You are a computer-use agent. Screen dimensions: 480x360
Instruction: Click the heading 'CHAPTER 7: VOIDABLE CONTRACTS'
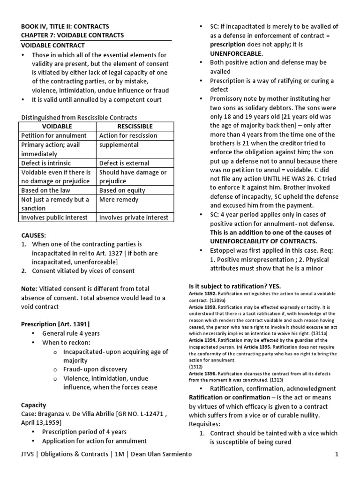[73, 35]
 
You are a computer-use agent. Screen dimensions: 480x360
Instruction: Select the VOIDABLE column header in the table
[57, 127]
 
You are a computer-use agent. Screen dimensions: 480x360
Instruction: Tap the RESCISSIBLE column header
[135, 127]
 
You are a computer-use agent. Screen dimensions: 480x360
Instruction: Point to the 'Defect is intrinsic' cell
[46, 163]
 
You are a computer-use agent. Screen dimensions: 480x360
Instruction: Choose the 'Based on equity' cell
[122, 190]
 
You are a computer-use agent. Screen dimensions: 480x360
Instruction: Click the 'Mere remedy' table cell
[119, 199]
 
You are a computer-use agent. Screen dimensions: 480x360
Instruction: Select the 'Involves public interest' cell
[54, 217]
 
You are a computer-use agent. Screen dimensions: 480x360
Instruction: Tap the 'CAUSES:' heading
[34, 235]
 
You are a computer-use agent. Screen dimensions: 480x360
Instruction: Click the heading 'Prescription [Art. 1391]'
[55, 324]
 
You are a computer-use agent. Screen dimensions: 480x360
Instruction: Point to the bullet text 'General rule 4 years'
[71, 333]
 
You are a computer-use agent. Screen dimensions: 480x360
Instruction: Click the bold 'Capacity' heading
[34, 405]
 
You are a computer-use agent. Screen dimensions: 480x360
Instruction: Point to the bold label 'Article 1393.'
[202, 307]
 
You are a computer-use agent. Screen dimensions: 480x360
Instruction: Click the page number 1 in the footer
[337, 455]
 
